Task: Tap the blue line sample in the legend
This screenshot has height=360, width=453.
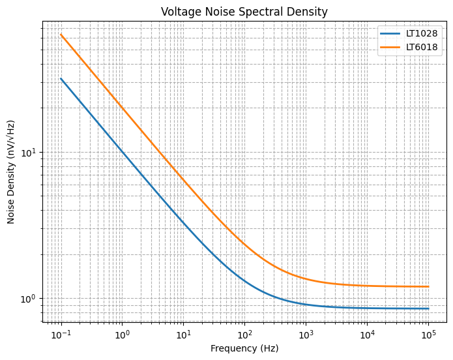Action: click(390, 33)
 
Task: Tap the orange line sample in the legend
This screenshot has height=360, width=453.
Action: click(390, 47)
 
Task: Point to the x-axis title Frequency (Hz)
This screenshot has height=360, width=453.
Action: click(244, 348)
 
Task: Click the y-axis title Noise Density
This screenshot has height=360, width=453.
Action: click(11, 171)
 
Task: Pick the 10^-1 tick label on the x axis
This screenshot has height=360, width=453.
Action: click(61, 335)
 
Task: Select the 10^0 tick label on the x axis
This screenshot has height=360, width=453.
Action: click(123, 335)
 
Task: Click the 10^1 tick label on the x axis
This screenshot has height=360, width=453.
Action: click(183, 335)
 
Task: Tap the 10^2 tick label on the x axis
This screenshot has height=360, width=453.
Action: click(244, 335)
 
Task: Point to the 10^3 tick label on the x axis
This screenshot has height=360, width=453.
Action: click(306, 335)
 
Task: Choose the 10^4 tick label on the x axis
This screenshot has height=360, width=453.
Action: click(367, 335)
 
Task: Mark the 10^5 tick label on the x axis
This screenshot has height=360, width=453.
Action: click(428, 335)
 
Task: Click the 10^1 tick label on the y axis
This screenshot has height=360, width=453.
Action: click(30, 153)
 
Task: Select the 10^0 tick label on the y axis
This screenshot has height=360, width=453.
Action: click(30, 299)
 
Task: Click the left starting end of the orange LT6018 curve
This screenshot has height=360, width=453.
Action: click(61, 35)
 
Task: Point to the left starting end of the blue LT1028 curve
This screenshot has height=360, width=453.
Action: click(61, 79)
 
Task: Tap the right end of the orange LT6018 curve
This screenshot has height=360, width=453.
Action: click(428, 286)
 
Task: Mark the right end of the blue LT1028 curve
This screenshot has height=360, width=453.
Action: click(428, 308)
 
